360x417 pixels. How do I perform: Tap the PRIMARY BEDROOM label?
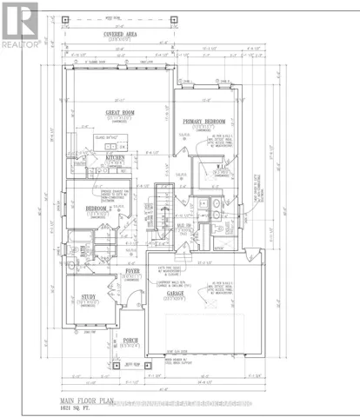[x=204, y=122]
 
